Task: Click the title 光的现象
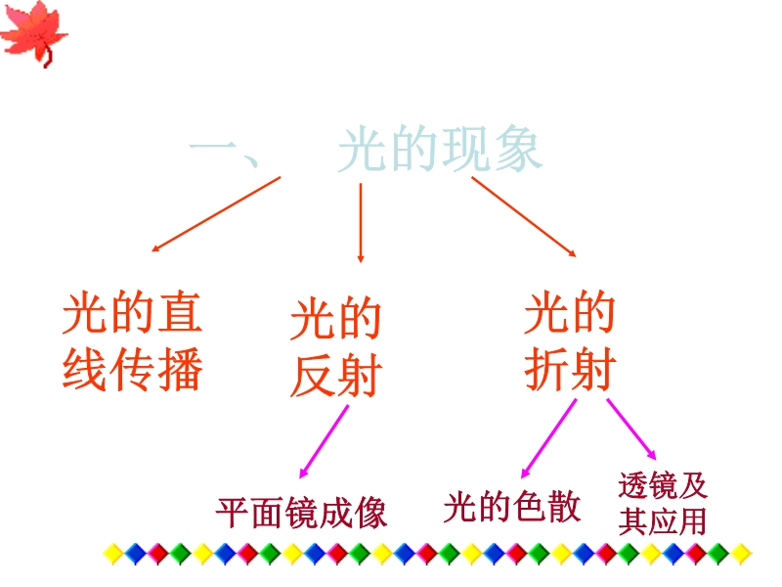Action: tap(440, 149)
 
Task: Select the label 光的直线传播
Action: tap(132, 340)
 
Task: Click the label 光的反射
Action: tap(336, 347)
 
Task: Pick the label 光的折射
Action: tap(570, 340)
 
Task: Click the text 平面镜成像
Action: tap(302, 512)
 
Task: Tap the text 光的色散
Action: tap(512, 507)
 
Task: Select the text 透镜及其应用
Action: tap(663, 503)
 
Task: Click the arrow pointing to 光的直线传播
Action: tap(216, 213)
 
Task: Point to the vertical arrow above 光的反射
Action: tap(361, 223)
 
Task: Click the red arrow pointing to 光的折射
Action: tap(524, 216)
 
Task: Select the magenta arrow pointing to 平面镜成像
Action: tap(324, 442)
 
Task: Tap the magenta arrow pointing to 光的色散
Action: tap(548, 438)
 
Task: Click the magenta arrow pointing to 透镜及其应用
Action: tap(631, 429)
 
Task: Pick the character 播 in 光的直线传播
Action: tap(180, 369)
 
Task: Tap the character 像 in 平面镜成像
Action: tap(370, 513)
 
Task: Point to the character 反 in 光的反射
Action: tap(312, 376)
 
